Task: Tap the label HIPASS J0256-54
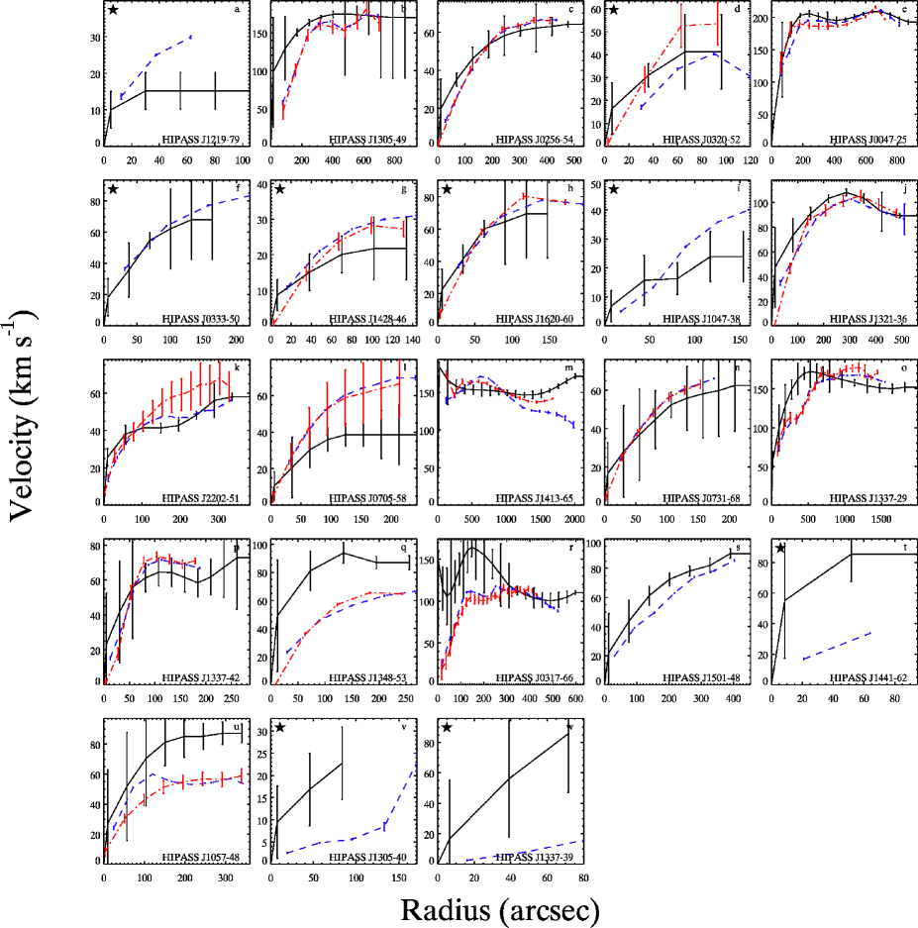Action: [538, 140]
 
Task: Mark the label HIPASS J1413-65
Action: [538, 499]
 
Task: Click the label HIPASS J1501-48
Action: [705, 678]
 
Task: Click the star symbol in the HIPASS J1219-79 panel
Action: [114, 10]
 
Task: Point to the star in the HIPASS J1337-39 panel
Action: [448, 727]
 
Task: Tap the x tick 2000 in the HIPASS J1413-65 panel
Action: [573, 519]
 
